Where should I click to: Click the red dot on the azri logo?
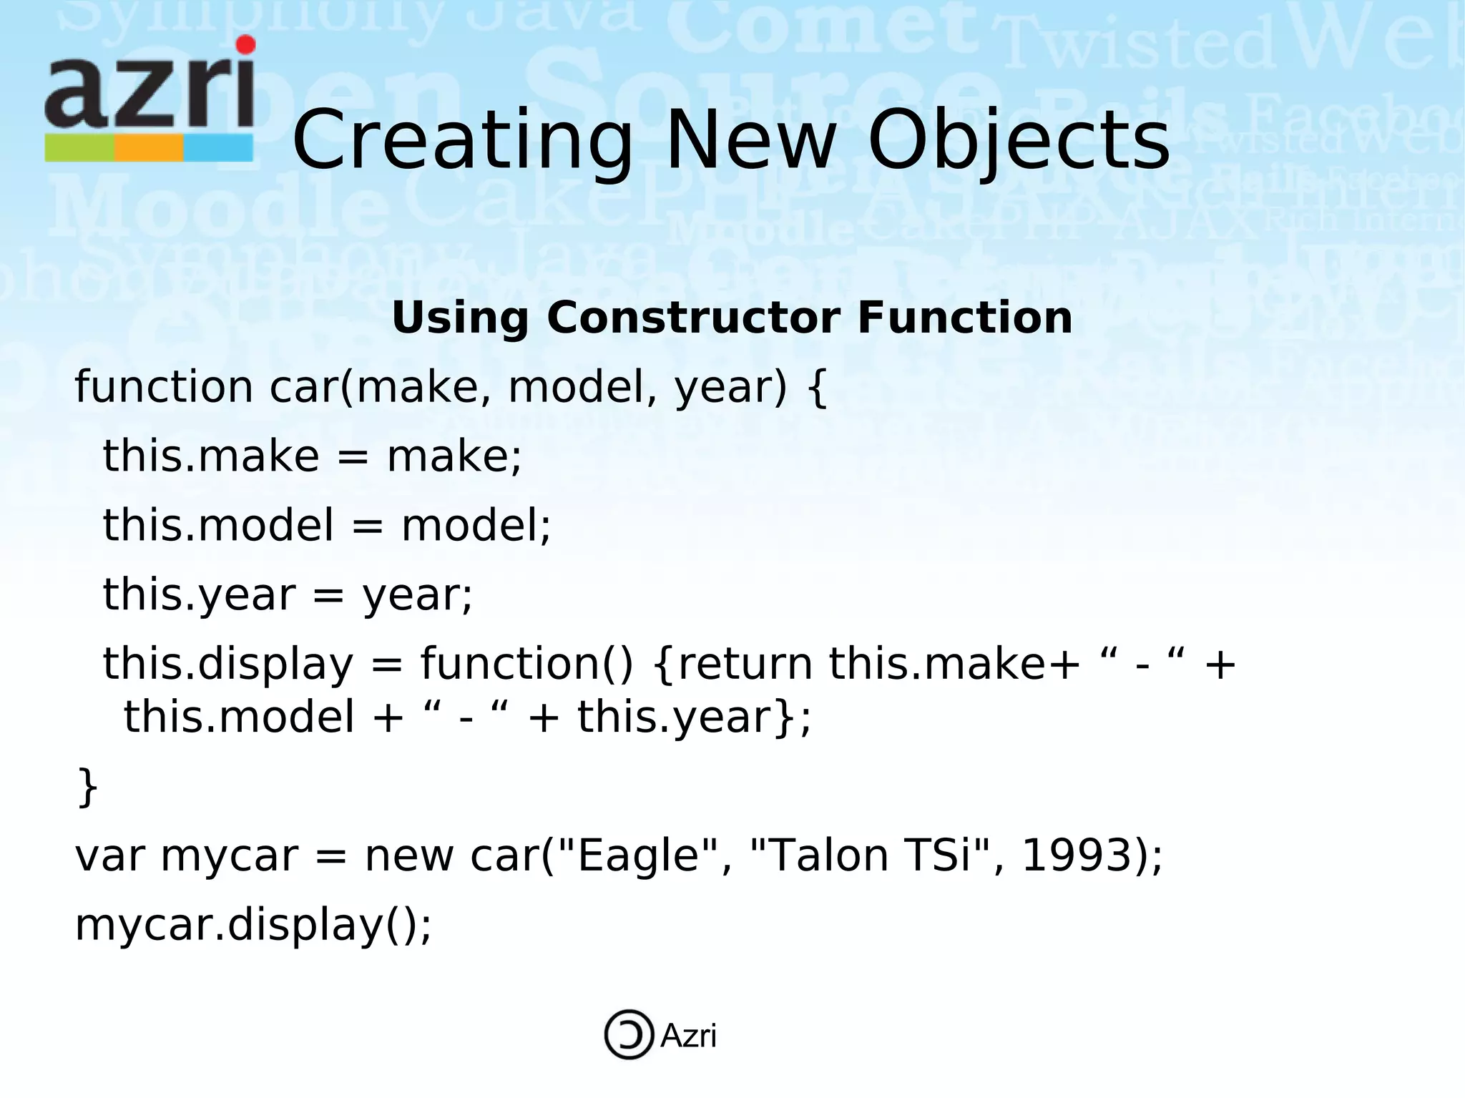pos(245,45)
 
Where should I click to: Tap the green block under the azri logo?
pos(79,148)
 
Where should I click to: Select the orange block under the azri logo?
pos(149,148)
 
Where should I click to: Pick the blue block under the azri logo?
pos(218,148)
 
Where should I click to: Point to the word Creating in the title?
pos(462,141)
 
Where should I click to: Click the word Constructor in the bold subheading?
pos(693,318)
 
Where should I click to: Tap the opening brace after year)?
pos(818,388)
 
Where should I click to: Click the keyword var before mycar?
pos(110,857)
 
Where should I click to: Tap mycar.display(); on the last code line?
pos(253,925)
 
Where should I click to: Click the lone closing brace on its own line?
pos(87,787)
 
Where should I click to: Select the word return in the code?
pos(745,664)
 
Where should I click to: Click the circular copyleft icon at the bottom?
pos(629,1034)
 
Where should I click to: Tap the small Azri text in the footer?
pos(688,1036)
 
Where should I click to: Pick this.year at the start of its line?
pos(199,595)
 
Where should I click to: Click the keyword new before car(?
pos(408,857)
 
